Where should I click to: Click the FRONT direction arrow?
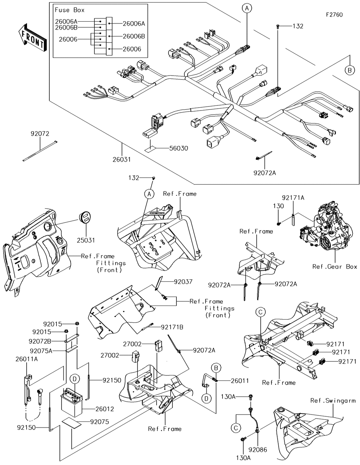[x=32, y=38]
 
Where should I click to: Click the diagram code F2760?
[x=334, y=15]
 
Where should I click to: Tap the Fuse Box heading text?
[x=69, y=10]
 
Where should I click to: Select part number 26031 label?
[x=122, y=159]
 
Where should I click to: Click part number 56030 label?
[x=179, y=148]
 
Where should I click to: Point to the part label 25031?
[x=86, y=240]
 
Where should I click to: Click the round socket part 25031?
[x=85, y=218]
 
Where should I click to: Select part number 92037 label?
[x=183, y=282]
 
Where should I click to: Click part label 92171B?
[x=172, y=327]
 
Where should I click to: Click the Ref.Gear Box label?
[x=335, y=267]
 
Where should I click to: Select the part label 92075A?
[x=41, y=351]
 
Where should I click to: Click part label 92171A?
[x=293, y=198]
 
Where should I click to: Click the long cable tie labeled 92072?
[x=40, y=151]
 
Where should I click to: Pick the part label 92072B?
[x=40, y=341]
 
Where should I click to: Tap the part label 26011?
[x=240, y=381]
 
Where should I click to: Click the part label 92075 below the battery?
[x=99, y=422]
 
